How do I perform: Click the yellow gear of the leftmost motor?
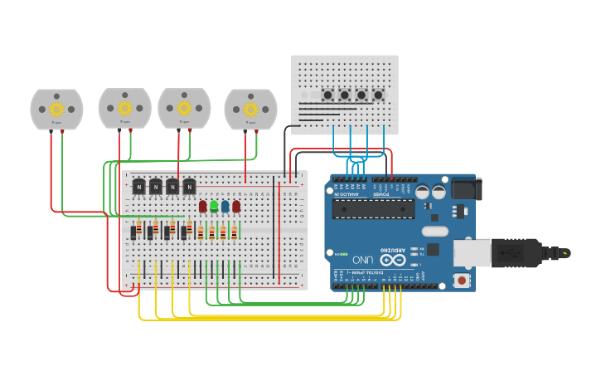[56, 109]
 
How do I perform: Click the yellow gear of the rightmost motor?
[250, 109]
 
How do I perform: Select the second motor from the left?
[124, 108]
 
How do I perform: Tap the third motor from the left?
[184, 108]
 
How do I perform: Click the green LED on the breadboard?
[214, 206]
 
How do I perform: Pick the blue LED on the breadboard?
[225, 206]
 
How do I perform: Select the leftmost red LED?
[202, 206]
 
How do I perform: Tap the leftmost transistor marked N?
[139, 187]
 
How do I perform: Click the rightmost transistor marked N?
[189, 187]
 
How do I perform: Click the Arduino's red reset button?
[461, 281]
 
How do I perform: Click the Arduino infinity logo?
[393, 260]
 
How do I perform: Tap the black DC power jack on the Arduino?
[465, 190]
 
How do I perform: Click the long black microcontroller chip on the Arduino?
[373, 208]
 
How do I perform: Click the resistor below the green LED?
[211, 232]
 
